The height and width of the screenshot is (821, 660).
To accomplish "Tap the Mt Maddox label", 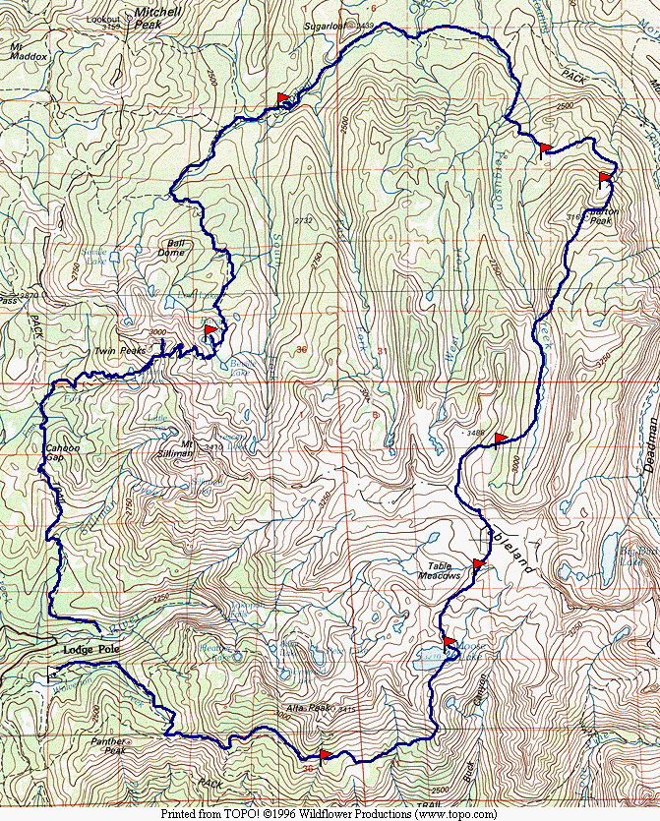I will coord(29,51).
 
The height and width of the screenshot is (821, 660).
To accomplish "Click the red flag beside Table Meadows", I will coord(479,564).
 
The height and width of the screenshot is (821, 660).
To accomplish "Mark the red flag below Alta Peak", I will coord(326,755).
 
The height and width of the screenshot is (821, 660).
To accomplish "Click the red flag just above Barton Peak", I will coord(605,178).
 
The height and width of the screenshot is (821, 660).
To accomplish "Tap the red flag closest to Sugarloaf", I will coord(284,98).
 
